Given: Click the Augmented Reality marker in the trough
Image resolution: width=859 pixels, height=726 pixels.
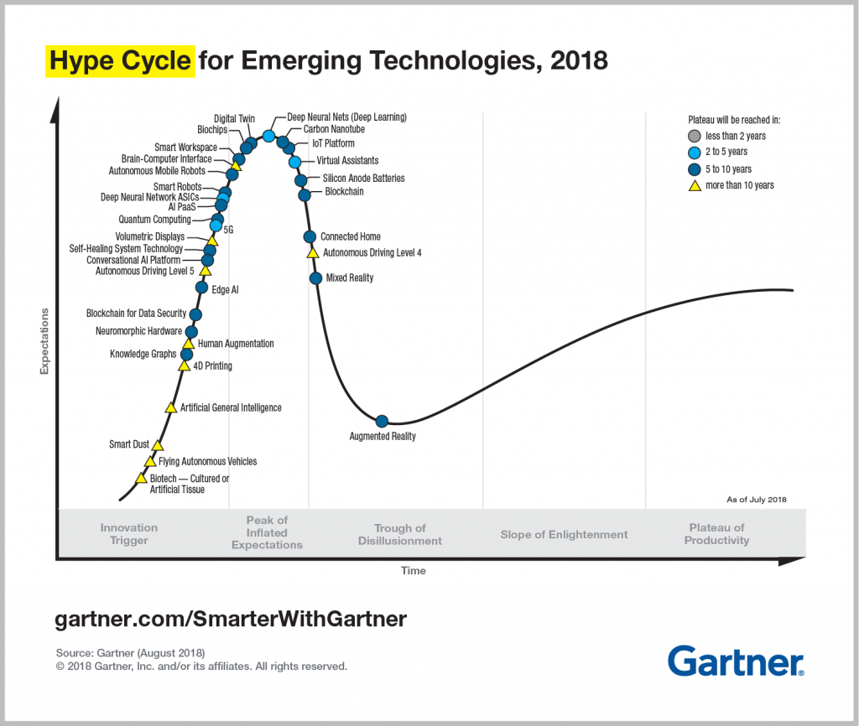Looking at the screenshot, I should [382, 421].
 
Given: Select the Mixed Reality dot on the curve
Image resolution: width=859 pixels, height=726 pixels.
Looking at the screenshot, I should [315, 277].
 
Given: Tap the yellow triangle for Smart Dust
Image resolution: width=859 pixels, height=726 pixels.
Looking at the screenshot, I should [157, 445].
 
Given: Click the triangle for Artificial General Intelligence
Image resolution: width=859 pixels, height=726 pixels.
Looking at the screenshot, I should [170, 407].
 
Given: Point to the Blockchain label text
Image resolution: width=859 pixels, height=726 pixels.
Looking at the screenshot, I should [344, 192].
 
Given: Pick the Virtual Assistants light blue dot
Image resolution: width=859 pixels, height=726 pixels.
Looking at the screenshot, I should [294, 161].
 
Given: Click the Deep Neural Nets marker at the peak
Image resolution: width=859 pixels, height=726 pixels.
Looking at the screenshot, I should [268, 136].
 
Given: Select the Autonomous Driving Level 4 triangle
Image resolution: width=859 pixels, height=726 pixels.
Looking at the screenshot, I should [312, 252].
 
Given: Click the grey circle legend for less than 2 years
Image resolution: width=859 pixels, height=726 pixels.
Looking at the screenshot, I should [693, 136].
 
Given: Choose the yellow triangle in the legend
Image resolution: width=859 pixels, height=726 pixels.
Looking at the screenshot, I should [693, 185].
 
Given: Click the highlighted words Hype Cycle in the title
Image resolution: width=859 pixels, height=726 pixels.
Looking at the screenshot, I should [119, 62].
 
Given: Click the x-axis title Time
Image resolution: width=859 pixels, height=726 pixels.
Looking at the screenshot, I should [413, 571].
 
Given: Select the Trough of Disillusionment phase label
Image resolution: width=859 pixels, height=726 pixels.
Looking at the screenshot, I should [399, 534].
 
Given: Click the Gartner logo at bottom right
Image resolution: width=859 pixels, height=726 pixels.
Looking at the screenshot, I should [736, 661].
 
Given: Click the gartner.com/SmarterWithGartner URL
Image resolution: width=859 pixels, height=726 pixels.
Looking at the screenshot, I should [231, 620].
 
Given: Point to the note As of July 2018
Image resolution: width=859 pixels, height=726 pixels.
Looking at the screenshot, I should [756, 500].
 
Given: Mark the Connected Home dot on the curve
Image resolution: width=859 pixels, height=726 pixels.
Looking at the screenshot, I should [310, 237].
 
